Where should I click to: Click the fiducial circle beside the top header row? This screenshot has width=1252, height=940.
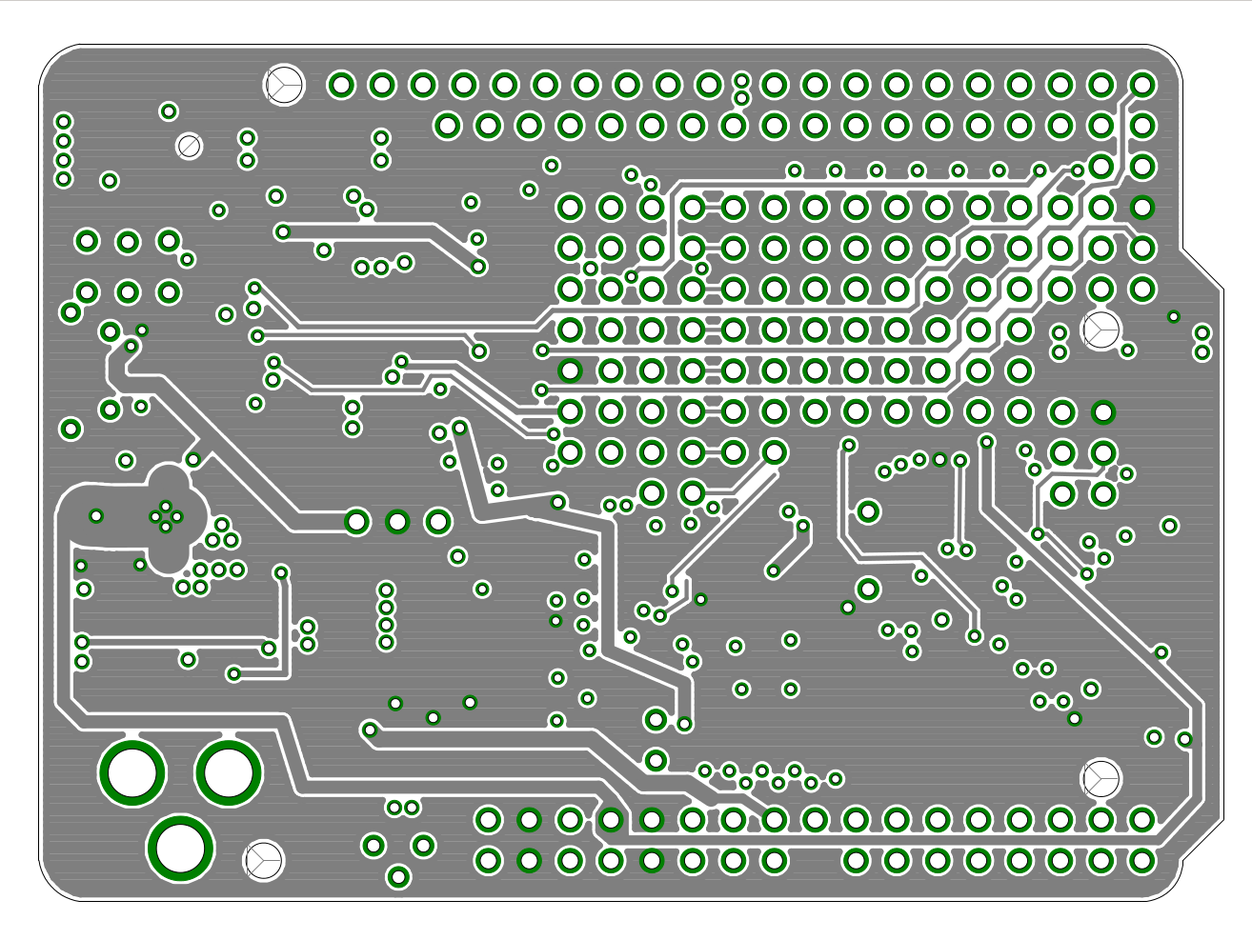tap(283, 85)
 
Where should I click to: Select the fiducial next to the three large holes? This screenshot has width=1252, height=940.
tap(264, 860)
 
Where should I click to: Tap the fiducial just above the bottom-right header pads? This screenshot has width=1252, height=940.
tap(1101, 778)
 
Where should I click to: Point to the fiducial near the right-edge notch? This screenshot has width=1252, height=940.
tap(1101, 329)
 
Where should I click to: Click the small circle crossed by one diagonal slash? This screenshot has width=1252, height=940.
tap(189, 146)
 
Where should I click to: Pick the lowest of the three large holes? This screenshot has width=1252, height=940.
tap(179, 847)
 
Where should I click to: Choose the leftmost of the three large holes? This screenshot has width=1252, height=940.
tap(131, 772)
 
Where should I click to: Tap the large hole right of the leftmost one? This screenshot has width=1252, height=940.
tap(228, 772)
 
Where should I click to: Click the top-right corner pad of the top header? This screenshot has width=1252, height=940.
tap(1141, 85)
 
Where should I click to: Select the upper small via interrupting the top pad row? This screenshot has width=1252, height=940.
tap(741, 80)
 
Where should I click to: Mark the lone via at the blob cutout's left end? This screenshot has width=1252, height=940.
tap(95, 516)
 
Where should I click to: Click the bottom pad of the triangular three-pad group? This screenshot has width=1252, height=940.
tap(398, 876)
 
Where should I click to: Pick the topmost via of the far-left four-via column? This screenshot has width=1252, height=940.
tap(63, 122)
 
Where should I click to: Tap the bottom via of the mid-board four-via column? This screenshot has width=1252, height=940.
tap(385, 642)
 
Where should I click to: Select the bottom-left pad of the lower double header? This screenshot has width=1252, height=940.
tap(488, 861)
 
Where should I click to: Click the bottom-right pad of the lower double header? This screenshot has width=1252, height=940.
tap(1141, 861)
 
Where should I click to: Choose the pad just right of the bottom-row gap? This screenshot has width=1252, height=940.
tap(855, 861)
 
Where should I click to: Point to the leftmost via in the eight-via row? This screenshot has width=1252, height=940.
tap(794, 170)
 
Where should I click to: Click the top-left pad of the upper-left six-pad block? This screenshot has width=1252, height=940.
tap(87, 241)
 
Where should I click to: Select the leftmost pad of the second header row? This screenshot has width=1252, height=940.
tap(447, 125)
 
